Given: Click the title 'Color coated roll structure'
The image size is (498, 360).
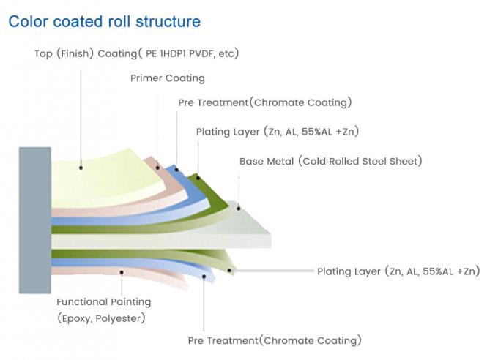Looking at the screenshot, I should pos(104,21).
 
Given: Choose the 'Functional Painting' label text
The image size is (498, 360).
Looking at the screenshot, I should pos(104,301).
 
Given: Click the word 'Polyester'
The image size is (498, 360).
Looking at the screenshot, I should pos(122,318).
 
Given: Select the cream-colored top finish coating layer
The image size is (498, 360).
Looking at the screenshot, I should pos(103,176).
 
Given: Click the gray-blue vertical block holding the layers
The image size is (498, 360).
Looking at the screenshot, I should pos(34,220).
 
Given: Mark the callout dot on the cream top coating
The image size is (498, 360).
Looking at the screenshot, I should pos(81,168).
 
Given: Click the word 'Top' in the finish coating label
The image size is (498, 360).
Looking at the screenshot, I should pos(43,53).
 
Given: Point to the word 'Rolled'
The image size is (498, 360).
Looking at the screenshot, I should pos(347,161).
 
